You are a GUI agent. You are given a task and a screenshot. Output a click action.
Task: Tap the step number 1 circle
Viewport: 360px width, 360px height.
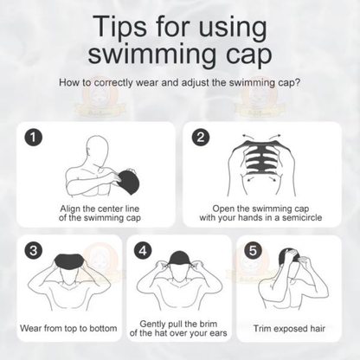(x=32, y=137)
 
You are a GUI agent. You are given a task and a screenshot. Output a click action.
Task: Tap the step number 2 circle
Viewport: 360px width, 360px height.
(x=200, y=137)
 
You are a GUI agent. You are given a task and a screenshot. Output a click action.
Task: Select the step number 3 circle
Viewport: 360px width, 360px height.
(x=32, y=251)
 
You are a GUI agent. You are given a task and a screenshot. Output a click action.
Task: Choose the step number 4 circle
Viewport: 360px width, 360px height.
(x=145, y=251)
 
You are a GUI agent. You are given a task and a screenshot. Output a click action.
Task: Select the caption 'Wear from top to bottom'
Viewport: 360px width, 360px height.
(x=67, y=329)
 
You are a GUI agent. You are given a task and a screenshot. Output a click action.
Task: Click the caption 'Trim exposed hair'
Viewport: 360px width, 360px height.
(x=290, y=329)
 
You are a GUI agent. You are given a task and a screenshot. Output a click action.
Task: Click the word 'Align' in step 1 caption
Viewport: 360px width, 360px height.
(x=73, y=208)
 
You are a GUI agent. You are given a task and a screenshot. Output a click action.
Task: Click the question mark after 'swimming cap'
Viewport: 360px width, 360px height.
(x=299, y=84)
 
